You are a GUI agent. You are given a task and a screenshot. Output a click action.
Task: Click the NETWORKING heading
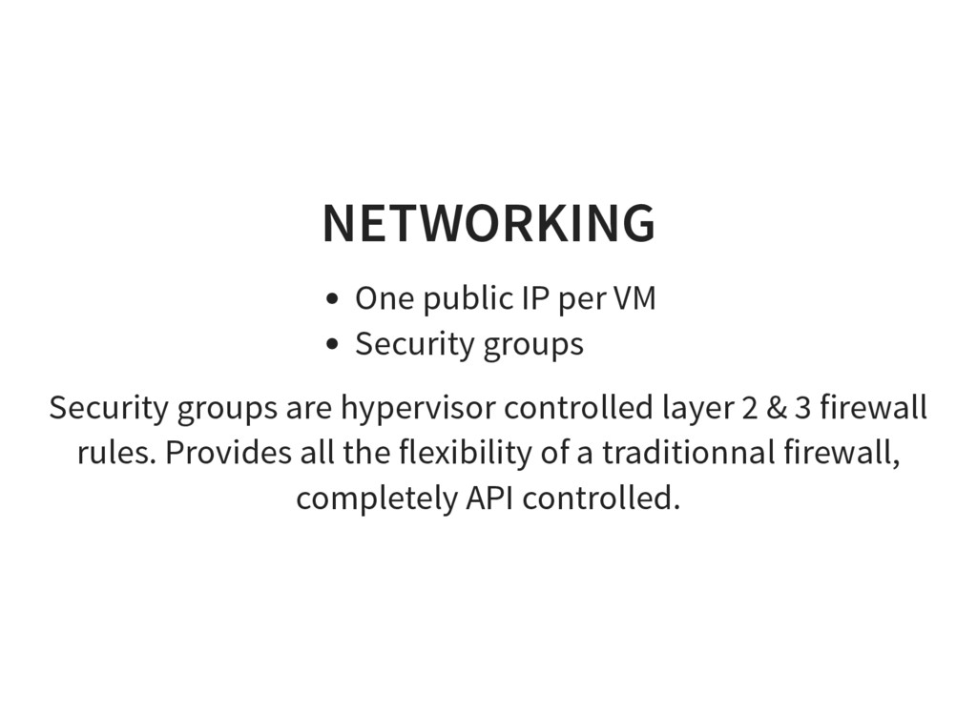click(x=488, y=223)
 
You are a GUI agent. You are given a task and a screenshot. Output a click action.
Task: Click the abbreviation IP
click(x=534, y=299)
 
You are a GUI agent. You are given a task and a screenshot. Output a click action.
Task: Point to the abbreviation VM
click(x=634, y=299)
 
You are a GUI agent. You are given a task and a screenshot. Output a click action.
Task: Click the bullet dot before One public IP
click(x=331, y=300)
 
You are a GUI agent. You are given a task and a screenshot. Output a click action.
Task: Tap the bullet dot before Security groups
click(x=331, y=345)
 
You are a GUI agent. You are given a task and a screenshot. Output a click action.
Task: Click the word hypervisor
click(x=418, y=408)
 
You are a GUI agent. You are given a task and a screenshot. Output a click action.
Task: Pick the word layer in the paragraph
click(x=696, y=408)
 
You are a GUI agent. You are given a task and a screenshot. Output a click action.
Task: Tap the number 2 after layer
click(x=748, y=408)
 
